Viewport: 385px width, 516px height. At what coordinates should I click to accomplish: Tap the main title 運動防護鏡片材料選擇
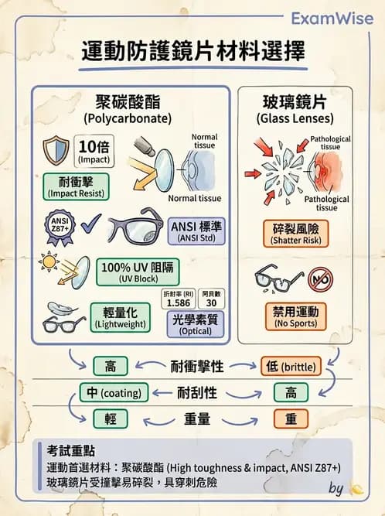click(192, 53)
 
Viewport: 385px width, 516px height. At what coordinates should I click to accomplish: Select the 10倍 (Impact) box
click(94, 151)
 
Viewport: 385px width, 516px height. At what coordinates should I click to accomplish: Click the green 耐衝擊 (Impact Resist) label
click(73, 186)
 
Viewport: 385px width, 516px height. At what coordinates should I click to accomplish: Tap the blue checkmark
click(91, 227)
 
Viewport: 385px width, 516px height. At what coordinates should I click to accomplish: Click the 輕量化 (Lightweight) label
click(121, 317)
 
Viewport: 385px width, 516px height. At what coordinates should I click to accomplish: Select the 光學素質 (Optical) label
click(196, 325)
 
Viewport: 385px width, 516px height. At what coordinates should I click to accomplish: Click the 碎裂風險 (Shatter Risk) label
click(295, 233)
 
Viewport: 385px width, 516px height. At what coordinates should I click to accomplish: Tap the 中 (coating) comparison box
click(114, 392)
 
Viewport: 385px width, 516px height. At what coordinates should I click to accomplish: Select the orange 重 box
click(293, 419)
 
